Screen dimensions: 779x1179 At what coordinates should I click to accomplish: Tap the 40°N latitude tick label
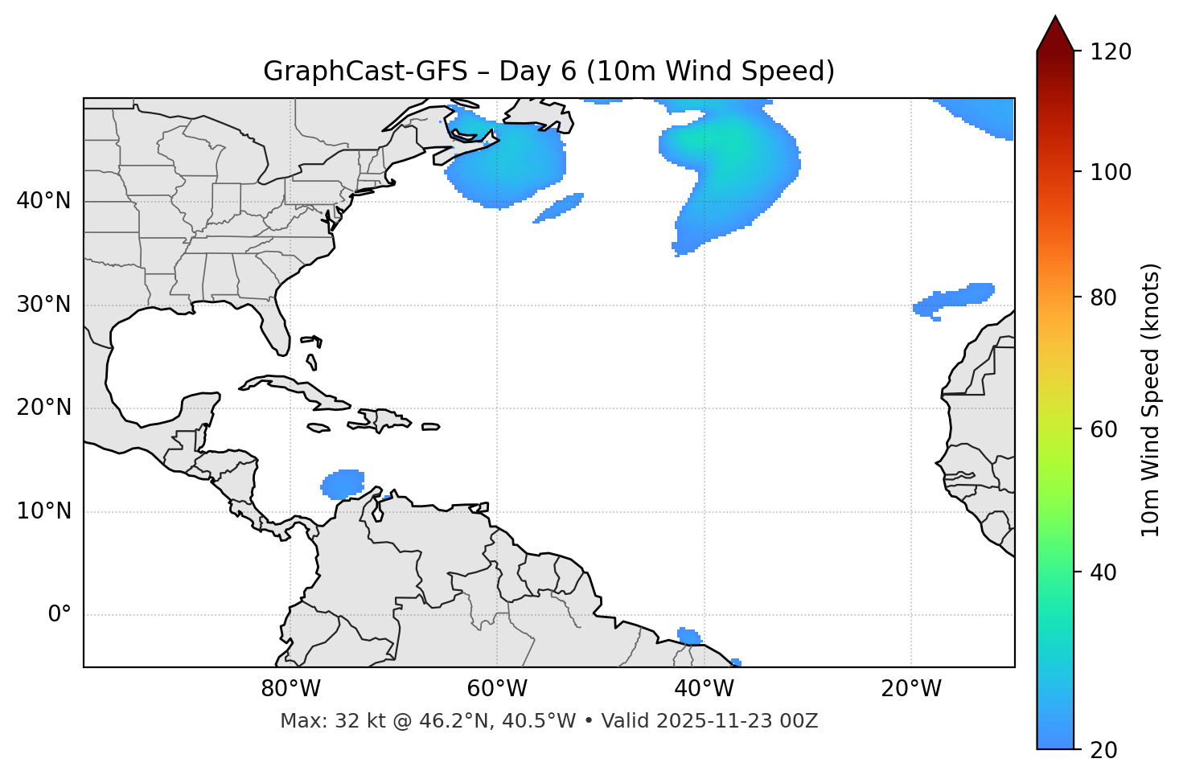[x=43, y=201]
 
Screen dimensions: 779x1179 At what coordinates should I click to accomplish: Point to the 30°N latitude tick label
[x=43, y=305]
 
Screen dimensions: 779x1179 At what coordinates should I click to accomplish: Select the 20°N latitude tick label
[x=43, y=408]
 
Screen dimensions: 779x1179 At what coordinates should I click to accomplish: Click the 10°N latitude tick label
[x=43, y=511]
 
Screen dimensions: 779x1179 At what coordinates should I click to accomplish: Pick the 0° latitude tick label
[x=60, y=615]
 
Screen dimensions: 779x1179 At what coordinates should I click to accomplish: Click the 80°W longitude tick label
[x=290, y=689]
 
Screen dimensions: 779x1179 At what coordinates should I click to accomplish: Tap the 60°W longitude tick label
[x=497, y=689]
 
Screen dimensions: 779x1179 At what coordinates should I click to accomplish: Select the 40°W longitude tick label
[x=704, y=689]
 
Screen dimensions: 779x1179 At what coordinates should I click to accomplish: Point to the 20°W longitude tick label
[x=911, y=689]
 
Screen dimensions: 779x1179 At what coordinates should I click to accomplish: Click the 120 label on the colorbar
[x=1110, y=52]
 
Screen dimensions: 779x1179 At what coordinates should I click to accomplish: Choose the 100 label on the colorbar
[x=1110, y=172]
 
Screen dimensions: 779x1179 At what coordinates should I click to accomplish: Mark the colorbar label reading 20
[x=1103, y=750]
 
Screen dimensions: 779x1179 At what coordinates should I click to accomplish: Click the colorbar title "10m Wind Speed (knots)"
[x=1151, y=400]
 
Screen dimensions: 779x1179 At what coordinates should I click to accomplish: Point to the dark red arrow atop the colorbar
[x=1055, y=35]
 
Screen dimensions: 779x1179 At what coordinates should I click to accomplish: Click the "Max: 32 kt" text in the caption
[x=315, y=721]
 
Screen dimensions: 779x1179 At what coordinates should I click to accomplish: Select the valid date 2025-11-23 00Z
[x=737, y=721]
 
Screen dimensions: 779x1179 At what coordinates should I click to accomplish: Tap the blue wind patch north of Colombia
[x=343, y=483]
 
